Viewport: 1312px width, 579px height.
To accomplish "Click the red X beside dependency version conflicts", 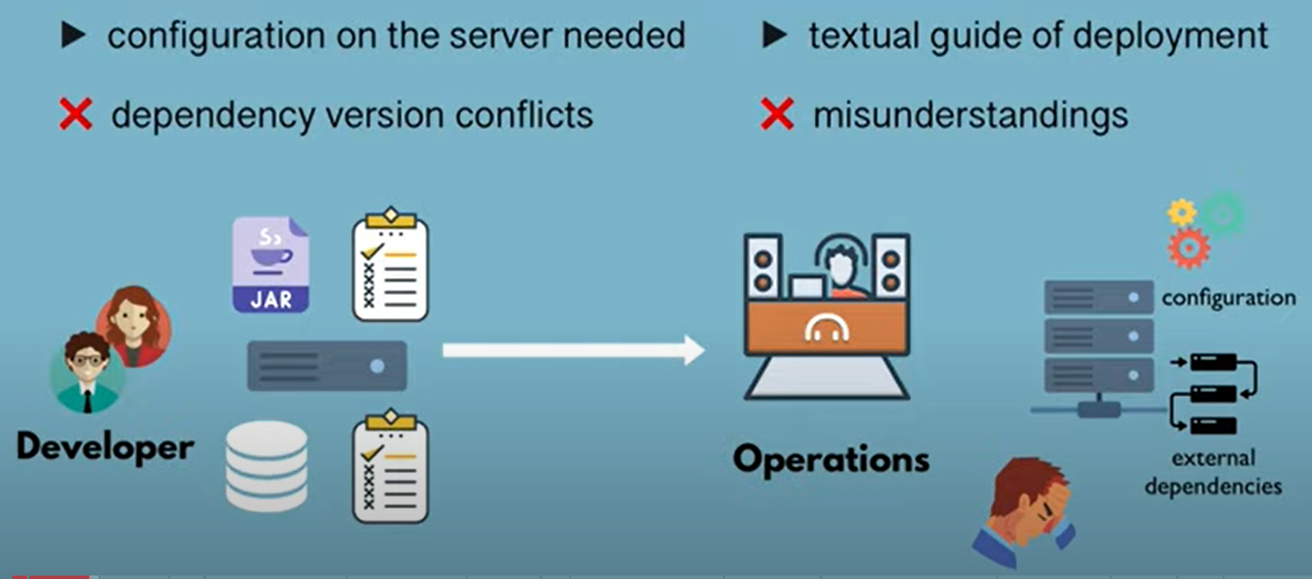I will (75, 114).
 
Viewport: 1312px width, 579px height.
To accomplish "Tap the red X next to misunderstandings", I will (777, 114).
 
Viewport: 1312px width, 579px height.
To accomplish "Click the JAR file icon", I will (271, 265).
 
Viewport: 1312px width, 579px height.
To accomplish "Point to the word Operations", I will (831, 460).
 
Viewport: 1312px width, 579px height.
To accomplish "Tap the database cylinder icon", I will (267, 466).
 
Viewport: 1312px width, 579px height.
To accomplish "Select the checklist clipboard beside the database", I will (390, 467).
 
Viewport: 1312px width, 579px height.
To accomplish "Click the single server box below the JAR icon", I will (327, 366).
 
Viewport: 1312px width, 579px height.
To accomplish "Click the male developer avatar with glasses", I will (86, 371).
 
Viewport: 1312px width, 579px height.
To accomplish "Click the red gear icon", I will (1189, 249).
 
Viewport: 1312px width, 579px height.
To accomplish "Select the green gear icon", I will (1223, 213).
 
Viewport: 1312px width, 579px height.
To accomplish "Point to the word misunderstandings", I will (971, 116).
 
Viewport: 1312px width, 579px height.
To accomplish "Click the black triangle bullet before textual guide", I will (775, 35).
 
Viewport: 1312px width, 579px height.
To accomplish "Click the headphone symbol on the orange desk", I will (827, 327).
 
